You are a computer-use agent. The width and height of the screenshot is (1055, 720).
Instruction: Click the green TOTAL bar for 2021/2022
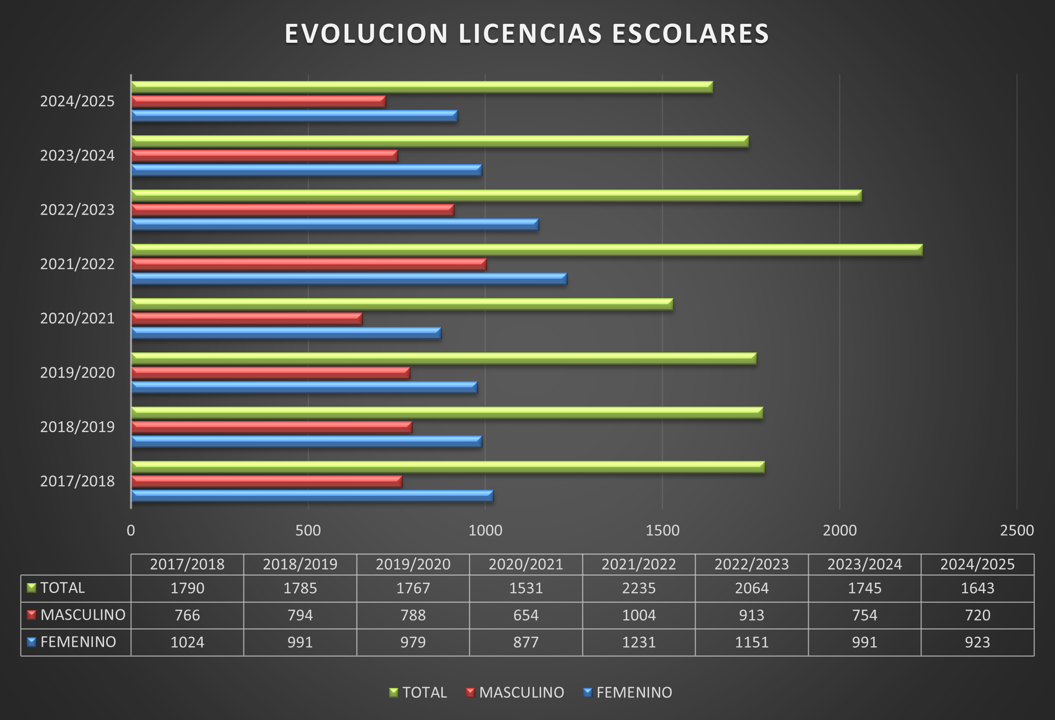coord(526,250)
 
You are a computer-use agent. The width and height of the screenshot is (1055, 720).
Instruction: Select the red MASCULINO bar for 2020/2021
coord(246,319)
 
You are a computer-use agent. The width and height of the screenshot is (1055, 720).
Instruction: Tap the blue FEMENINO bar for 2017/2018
coord(312,496)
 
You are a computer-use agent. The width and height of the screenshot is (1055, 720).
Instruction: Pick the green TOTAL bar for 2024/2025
coord(422,87)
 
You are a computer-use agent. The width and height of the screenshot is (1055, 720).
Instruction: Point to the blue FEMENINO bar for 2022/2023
coord(334,224)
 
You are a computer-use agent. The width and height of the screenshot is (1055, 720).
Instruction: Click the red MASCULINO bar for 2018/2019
coord(271,427)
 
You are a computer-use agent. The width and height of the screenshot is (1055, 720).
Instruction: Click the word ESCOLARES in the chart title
coord(690,34)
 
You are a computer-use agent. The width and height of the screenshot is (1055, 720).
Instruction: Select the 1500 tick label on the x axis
coord(662,530)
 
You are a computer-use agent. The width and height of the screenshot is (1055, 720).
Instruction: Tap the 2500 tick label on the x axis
coord(1017,530)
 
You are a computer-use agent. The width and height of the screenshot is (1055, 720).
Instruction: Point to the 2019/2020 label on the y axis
coord(77,373)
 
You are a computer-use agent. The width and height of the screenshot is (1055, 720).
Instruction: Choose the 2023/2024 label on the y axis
coord(77,156)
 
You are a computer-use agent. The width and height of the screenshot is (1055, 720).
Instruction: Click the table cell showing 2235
coord(639,588)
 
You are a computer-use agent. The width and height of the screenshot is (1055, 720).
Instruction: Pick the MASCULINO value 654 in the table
coord(526,615)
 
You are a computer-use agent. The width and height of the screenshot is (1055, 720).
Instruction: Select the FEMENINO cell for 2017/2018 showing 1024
coord(187,642)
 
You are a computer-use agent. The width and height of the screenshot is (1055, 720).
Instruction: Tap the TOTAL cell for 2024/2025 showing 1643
coord(977,588)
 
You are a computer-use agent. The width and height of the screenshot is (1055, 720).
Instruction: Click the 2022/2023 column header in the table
coord(751,564)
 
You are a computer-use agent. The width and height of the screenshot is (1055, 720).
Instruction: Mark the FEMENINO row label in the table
coord(78,642)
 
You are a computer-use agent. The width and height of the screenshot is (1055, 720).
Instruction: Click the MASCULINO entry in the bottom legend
coord(521,692)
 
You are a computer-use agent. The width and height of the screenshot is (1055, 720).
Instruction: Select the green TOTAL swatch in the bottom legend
coord(394,692)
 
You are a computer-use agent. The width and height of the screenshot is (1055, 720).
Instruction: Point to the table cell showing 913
coord(751,615)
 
